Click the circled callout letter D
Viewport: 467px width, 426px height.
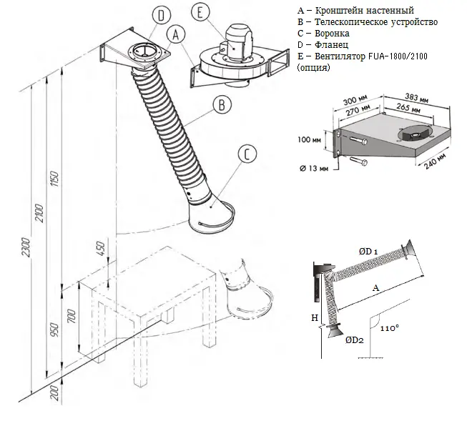(162, 15)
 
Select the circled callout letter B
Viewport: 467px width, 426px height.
(222, 104)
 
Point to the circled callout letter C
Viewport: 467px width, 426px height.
(246, 154)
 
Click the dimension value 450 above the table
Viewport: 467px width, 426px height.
(101, 250)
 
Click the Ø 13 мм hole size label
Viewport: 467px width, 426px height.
(315, 169)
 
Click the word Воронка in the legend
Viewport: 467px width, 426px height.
(330, 33)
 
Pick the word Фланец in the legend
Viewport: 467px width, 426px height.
(329, 44)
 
